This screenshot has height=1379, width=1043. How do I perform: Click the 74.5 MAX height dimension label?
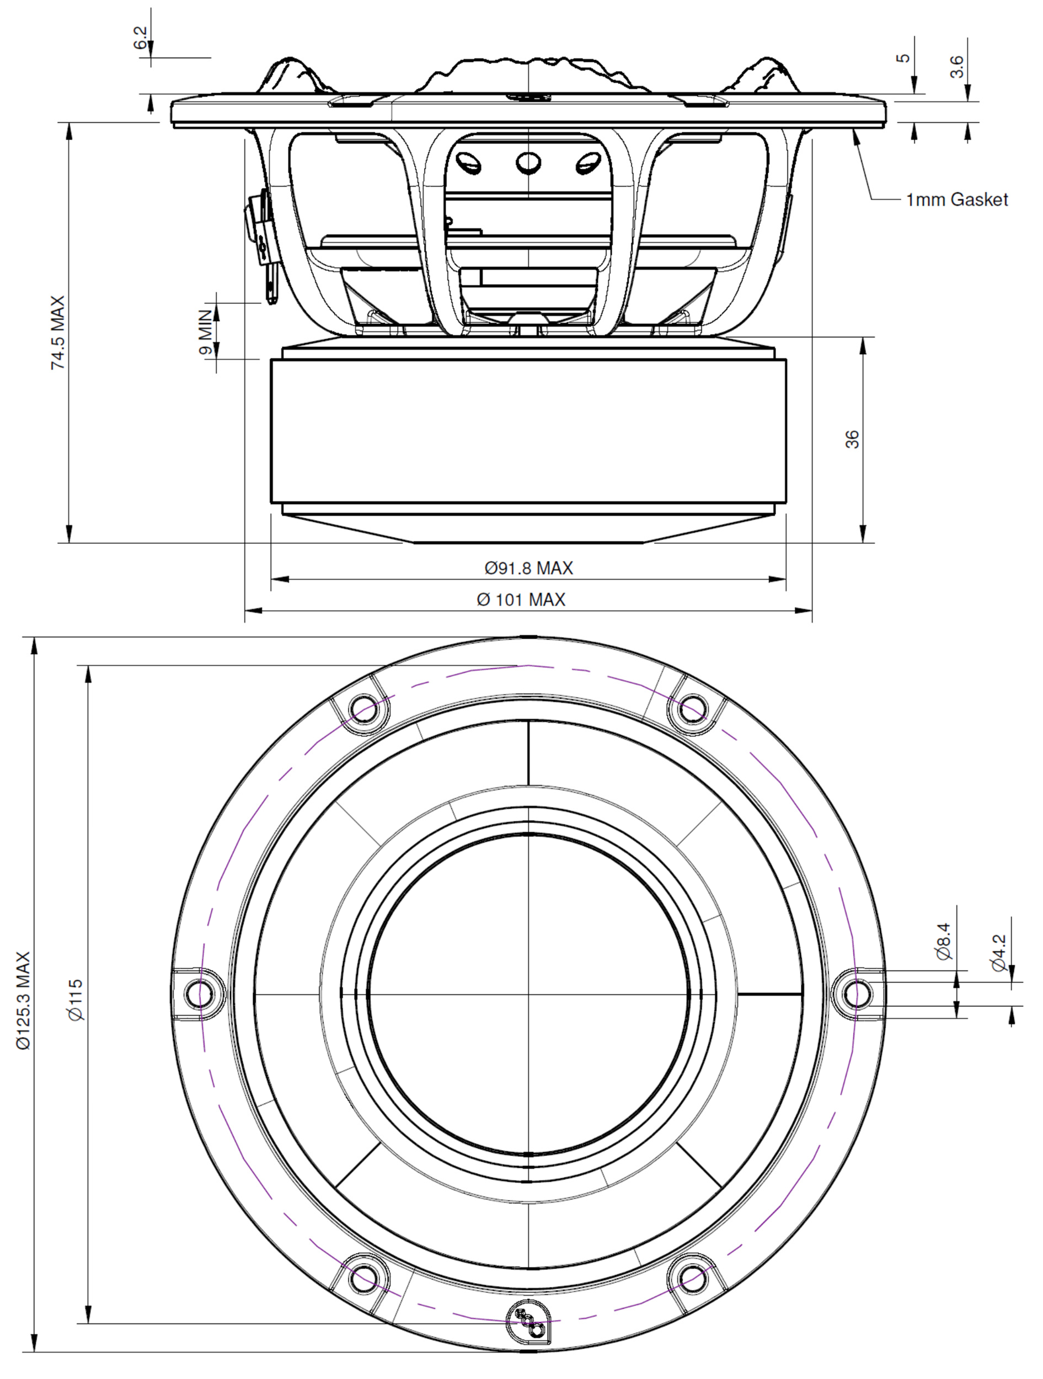point(57,332)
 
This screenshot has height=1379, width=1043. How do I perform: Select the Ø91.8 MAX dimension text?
point(528,568)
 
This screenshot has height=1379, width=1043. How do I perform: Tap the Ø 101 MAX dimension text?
point(521,600)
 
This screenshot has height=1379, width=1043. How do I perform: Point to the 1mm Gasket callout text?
point(956,200)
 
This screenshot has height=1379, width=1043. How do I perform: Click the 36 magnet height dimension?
point(852,439)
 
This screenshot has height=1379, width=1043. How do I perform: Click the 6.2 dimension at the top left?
point(142,38)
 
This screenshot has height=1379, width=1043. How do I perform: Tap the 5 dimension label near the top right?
point(903,58)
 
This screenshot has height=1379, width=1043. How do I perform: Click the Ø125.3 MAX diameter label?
point(23,1000)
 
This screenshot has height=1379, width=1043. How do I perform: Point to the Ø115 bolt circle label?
point(76,1000)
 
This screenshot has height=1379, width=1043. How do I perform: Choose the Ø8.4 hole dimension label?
point(944,942)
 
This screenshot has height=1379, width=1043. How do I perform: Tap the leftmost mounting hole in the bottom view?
point(199,992)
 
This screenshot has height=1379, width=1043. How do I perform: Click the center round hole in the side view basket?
point(528,163)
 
